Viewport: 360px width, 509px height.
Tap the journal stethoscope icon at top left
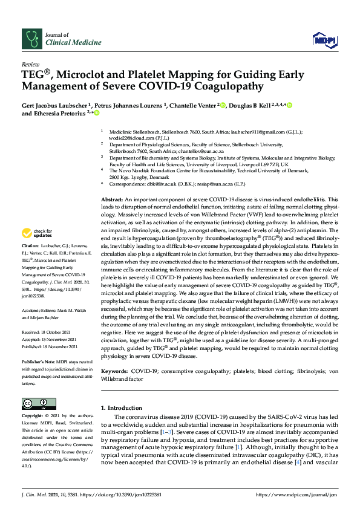pos(30,39)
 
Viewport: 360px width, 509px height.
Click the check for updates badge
pos(37,233)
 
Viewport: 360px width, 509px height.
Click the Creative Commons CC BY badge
pos(35,403)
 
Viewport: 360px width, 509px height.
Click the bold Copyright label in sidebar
pos(33,416)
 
